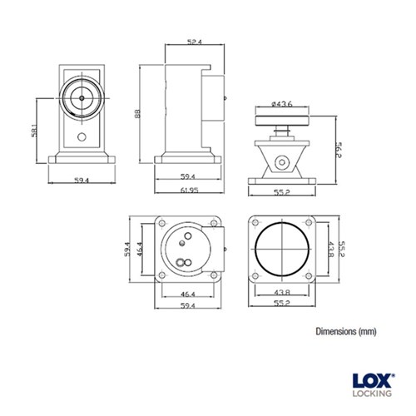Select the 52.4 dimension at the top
pos(194,42)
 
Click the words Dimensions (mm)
pos(346,331)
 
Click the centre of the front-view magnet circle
pos(82,97)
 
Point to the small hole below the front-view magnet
pos(82,136)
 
